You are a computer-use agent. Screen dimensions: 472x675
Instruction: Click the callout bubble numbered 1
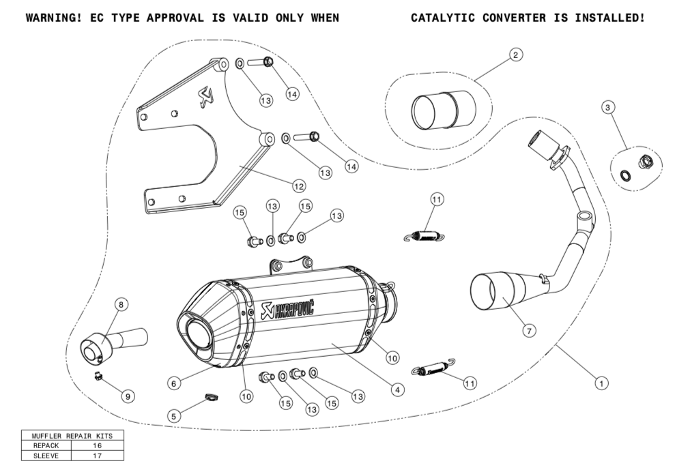[x=601, y=383]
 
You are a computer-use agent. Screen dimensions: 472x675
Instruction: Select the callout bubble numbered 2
[x=516, y=55]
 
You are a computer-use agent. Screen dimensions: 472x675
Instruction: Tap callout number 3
[x=608, y=106]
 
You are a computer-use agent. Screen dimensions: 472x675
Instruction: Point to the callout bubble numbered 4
[x=395, y=389]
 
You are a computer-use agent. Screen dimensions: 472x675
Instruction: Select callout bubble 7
[x=529, y=330]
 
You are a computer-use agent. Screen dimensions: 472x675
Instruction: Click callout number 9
[x=126, y=395]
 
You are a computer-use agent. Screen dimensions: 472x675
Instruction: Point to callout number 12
[x=298, y=185]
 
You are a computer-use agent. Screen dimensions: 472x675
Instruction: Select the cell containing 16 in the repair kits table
[x=96, y=445]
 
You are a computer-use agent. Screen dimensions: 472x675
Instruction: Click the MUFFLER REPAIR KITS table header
[x=72, y=435]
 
